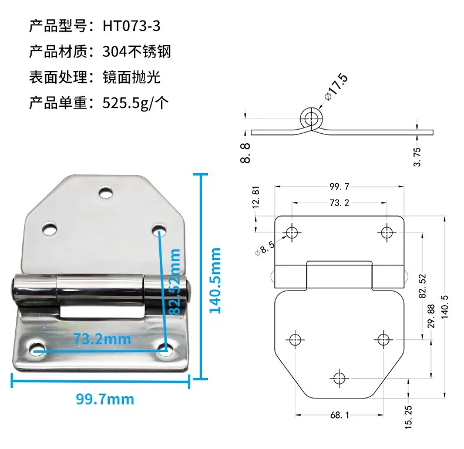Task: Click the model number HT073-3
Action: [x=132, y=26]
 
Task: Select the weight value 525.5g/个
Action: [x=136, y=103]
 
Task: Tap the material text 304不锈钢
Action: [x=137, y=52]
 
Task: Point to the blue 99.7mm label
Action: [x=105, y=399]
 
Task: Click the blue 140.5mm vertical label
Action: [x=215, y=281]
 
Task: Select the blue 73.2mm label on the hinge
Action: [x=102, y=339]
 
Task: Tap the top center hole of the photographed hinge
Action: [x=106, y=193]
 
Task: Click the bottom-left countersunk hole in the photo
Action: [x=37, y=349]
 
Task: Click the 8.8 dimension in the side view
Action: [x=246, y=153]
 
